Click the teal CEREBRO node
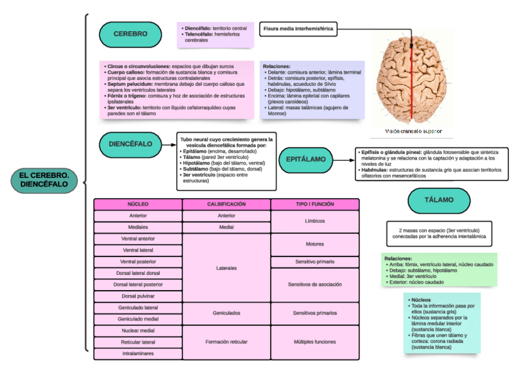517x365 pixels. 130,34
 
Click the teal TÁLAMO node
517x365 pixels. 439,200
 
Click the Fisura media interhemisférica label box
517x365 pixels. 298,29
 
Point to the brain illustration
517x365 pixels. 412,79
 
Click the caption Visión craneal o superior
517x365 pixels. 413,131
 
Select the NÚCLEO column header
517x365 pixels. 138,204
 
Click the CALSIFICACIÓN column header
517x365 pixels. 226,204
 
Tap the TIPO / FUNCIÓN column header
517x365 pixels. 315,204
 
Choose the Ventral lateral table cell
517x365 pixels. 138,250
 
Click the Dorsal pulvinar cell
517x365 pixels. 138,296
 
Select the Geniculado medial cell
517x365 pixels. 138,319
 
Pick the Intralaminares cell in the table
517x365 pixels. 138,353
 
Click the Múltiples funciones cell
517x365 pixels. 315,342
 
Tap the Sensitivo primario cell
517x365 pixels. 315,261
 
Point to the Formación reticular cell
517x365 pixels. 226,342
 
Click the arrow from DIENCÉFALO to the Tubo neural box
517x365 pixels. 169,144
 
